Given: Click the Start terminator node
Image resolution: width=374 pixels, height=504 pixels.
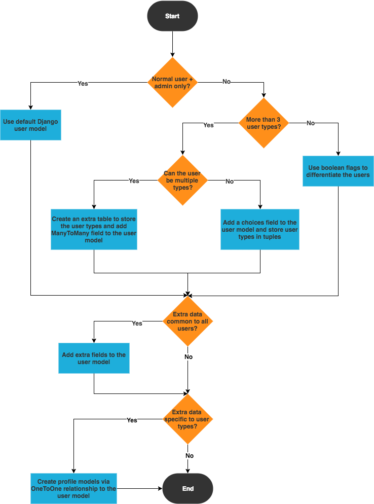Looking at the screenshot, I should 172,16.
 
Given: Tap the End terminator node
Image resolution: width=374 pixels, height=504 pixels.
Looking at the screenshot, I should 188,489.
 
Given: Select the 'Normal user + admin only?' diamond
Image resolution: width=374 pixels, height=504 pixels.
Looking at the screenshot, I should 172,83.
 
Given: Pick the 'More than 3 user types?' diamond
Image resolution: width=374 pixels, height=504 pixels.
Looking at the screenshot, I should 264,123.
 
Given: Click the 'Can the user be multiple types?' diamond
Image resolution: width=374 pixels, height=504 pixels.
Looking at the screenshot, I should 182,180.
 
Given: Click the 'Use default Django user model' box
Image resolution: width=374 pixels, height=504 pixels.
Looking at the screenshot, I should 30,125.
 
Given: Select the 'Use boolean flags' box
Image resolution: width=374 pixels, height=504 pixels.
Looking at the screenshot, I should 338,171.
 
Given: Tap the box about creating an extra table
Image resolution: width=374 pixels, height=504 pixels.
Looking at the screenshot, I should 94,229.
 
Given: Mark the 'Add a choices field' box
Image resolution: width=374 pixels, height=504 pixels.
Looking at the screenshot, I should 259,229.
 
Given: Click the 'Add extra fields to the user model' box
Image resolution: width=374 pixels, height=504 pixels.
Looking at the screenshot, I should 94,358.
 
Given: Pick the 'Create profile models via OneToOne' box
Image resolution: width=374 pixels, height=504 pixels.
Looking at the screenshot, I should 73,488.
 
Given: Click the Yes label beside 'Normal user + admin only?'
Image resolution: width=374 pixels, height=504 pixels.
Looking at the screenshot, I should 83,83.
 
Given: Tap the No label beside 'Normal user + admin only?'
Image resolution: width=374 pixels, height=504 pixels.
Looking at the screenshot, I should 226,81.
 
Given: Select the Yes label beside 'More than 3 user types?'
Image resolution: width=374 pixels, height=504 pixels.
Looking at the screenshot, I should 208,125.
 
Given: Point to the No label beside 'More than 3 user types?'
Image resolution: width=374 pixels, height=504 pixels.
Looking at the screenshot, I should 310,123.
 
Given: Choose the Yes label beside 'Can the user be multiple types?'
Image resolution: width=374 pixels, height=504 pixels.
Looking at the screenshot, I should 134,181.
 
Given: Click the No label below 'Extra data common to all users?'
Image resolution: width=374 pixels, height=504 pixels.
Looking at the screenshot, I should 188,357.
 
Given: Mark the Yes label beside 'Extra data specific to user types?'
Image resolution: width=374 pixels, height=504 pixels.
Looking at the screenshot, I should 132,420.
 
